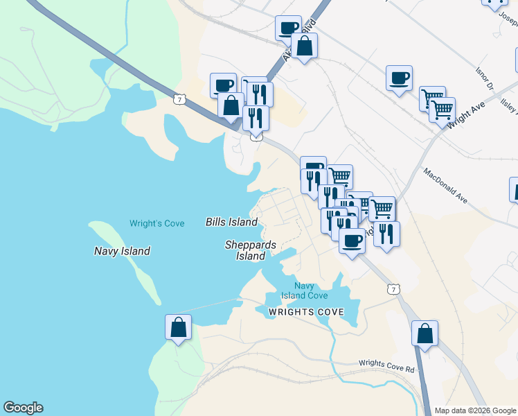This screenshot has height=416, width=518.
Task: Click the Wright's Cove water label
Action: coord(157,223)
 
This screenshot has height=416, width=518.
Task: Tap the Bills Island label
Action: coord(231,222)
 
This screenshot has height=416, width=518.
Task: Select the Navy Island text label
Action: coord(122,251)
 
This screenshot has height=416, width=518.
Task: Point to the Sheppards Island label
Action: coord(250,250)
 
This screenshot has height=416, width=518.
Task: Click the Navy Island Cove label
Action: coord(304,291)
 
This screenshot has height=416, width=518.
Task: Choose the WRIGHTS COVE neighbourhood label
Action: coord(305,312)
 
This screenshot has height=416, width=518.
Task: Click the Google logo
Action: coord(23,408)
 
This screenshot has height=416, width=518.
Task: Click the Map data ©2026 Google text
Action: coord(475,410)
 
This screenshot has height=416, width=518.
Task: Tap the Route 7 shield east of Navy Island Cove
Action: coord(393,288)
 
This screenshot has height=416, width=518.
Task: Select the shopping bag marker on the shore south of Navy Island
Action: coord(178,327)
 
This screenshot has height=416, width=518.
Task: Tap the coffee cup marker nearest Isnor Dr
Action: coord(399,78)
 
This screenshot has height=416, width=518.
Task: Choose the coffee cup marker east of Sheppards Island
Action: coord(352,241)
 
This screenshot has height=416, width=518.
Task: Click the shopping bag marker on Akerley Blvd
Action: coord(304,46)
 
